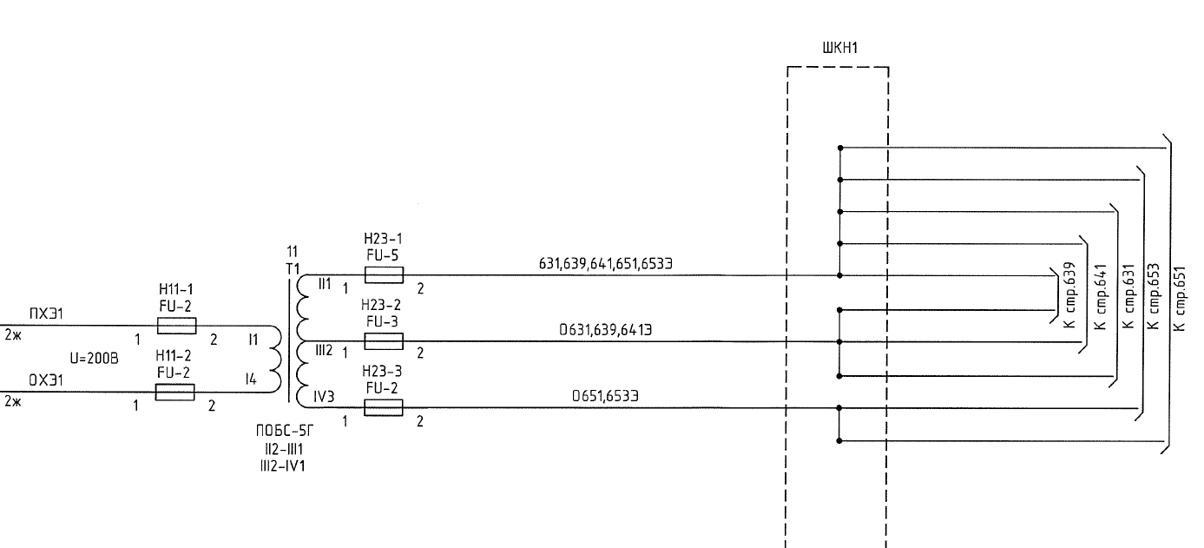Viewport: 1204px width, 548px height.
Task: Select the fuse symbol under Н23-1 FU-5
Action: tap(384, 275)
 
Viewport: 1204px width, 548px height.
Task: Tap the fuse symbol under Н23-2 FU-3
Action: tap(384, 341)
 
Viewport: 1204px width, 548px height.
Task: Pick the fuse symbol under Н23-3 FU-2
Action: tap(384, 407)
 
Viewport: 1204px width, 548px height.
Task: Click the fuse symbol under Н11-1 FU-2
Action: tap(176, 326)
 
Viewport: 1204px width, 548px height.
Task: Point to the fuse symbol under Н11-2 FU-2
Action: tap(174, 393)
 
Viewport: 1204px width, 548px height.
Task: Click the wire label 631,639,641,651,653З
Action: tap(605, 262)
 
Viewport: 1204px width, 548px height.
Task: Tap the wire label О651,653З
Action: tap(605, 395)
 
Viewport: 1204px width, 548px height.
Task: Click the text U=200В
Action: tap(95, 358)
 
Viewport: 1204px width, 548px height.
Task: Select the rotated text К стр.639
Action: tap(1070, 294)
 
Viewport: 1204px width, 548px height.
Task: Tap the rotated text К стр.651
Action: tap(1179, 298)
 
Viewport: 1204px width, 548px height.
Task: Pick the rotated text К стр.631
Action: tap(1129, 296)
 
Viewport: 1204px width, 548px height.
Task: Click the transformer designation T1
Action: tap(293, 267)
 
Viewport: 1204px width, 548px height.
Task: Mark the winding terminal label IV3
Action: tap(324, 397)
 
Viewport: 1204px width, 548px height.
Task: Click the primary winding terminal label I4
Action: tap(251, 379)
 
